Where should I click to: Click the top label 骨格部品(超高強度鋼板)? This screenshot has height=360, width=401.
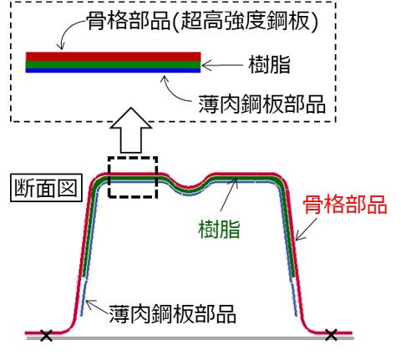coord(202,21)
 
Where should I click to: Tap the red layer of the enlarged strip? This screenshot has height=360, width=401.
coord(113,57)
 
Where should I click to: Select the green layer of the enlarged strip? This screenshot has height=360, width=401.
coord(113,64)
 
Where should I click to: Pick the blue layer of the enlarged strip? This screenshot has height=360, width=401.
coord(113,70)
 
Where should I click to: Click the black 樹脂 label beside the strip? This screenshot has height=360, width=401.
coord(269,64)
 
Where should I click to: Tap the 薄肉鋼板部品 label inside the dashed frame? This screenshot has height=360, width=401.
coord(261,104)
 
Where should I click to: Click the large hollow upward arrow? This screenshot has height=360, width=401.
coord(131,130)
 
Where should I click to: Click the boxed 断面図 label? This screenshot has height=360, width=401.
coord(46,187)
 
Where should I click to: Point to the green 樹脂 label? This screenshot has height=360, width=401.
coord(219,229)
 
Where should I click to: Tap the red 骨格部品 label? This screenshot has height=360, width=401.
coord(345,205)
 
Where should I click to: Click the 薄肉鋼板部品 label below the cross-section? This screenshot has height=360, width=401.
coord(172,314)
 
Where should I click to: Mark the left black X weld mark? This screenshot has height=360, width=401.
coord(46,335)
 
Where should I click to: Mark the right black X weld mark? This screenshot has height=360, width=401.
coord(332,335)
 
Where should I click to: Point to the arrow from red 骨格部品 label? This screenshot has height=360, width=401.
coord(306,229)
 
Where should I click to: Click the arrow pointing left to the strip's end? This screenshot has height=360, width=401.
coord(222,66)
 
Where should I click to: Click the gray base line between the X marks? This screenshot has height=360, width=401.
coord(190,338)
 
